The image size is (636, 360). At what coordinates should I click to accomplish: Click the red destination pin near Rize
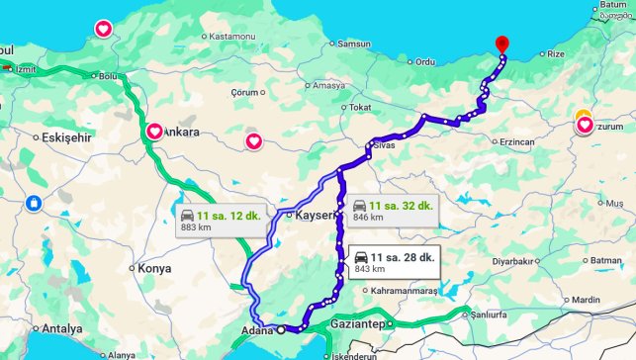(x=501, y=45)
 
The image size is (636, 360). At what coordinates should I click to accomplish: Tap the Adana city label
(x=257, y=330)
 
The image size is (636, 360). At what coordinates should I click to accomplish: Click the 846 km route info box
(x=392, y=211)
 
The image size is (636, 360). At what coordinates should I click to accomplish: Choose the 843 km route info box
(x=394, y=263)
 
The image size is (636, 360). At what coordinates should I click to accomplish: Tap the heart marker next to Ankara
(x=155, y=132)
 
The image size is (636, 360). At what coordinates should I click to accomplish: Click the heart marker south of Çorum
(x=254, y=141)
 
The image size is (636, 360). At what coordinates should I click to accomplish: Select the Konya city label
(x=154, y=268)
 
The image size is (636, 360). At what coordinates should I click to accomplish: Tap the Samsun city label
(x=355, y=45)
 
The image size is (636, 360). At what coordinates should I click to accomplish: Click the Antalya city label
(x=61, y=328)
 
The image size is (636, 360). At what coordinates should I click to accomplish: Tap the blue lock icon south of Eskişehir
(x=34, y=203)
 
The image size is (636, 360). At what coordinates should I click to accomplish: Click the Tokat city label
(x=359, y=107)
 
